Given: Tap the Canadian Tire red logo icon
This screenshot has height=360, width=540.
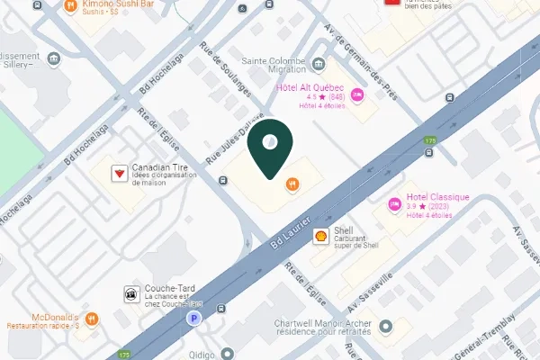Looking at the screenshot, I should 118,173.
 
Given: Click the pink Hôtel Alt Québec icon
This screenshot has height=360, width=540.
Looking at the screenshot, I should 357,94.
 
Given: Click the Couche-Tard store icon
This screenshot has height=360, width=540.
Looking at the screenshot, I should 130,293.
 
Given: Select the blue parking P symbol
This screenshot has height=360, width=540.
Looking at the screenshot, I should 192,318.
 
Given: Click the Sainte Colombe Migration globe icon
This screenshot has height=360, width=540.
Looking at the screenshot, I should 319,64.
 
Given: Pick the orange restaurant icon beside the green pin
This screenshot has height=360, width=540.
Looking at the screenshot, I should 292,184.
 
